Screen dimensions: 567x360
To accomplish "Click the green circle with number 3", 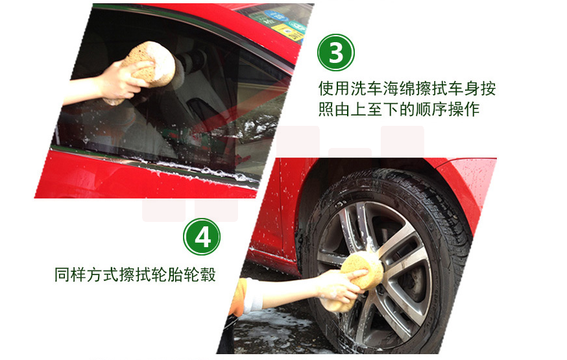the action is [x=336, y=53].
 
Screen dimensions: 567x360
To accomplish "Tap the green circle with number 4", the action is [x=202, y=237].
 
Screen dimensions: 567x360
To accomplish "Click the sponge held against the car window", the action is [x=149, y=64].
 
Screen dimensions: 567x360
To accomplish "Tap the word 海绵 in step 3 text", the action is [x=399, y=89].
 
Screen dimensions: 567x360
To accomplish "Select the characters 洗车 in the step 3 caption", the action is [x=367, y=89].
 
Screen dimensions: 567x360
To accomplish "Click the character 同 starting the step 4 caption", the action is [x=62, y=274].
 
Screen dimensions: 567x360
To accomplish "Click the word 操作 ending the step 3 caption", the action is [x=464, y=109].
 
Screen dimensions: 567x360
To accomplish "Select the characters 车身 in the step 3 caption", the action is [x=464, y=89].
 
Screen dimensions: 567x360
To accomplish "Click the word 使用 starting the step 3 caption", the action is [x=334, y=89].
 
